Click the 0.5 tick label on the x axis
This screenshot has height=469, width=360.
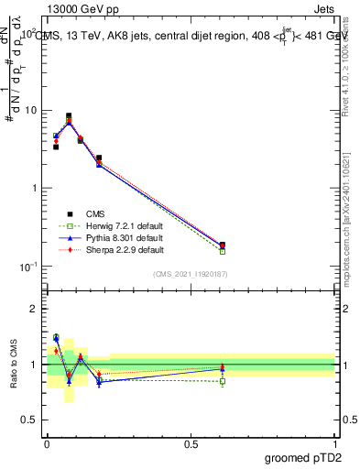[x=191, y=442]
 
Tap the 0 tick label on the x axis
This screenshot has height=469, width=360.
[x=47, y=442]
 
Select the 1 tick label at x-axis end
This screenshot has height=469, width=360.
[x=335, y=442]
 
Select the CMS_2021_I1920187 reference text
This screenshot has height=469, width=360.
[x=190, y=274]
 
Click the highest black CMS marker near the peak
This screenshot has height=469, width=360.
[x=69, y=116]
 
